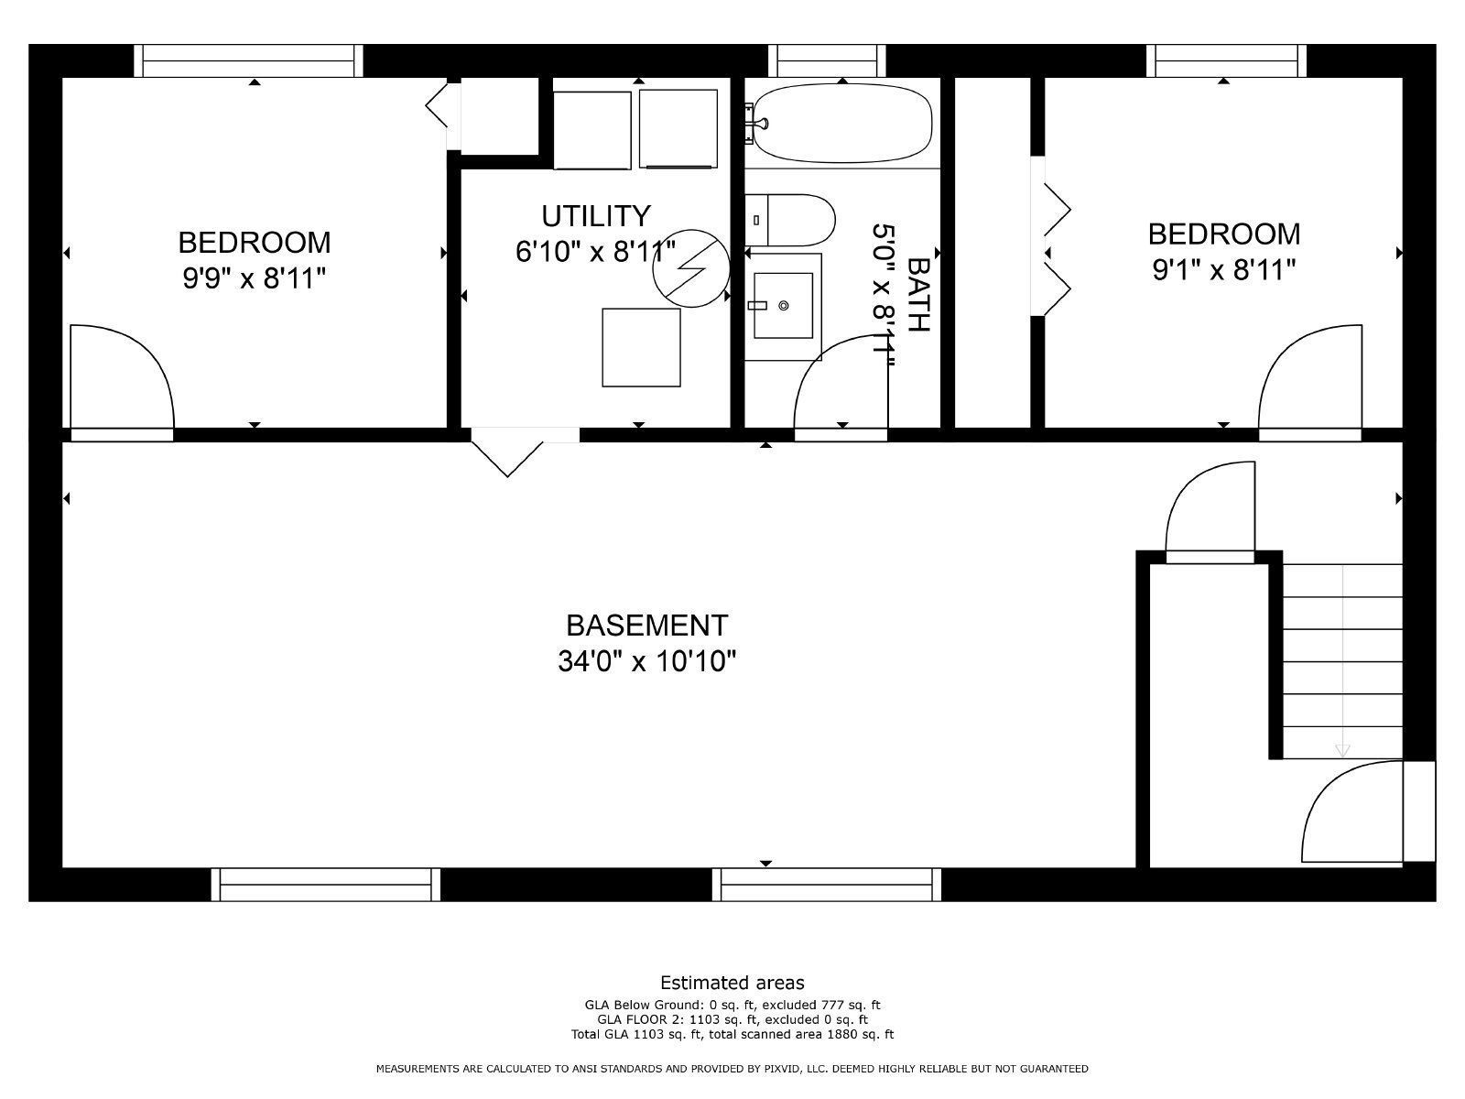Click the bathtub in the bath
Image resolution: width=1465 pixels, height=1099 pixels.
(x=842, y=124)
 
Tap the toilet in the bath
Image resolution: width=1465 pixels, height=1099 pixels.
(x=793, y=220)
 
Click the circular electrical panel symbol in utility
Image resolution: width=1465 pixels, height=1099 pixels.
(x=691, y=267)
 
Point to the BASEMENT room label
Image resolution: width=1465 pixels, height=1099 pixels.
(x=646, y=626)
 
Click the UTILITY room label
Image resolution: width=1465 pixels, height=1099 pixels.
(x=596, y=216)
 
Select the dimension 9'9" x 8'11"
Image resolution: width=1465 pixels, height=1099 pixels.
(x=255, y=278)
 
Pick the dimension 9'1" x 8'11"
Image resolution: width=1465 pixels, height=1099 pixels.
(x=1224, y=270)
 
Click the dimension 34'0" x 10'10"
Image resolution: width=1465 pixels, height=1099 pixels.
(x=646, y=660)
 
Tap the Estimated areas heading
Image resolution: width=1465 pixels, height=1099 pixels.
(x=732, y=983)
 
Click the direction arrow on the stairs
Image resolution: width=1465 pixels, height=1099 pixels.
(x=1342, y=750)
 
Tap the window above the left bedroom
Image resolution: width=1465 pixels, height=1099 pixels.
(x=249, y=60)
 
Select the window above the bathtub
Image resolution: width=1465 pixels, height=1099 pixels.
(x=828, y=60)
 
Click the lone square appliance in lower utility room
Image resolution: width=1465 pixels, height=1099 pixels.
(x=641, y=347)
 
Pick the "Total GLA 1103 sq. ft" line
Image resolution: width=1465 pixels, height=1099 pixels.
(x=732, y=1035)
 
